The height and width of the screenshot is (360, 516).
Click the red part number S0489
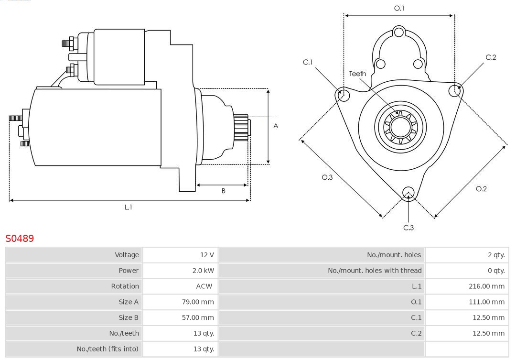tap(20, 238)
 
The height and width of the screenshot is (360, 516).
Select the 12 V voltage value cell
tap(207, 255)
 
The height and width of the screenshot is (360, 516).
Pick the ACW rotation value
tap(204, 286)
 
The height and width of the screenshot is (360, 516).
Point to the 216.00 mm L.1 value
tap(486, 286)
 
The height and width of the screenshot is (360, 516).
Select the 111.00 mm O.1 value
tap(486, 302)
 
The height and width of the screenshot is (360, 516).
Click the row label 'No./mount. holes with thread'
tap(375, 271)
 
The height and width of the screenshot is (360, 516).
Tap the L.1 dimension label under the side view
tap(128, 207)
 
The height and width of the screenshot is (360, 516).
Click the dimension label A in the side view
tap(276, 126)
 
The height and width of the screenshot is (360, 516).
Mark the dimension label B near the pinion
tap(223, 191)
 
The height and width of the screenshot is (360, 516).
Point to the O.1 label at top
tap(399, 8)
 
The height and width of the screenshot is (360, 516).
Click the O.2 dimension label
tap(481, 189)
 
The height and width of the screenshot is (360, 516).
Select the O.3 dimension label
tap(327, 177)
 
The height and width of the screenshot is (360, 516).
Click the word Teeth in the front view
tap(357, 74)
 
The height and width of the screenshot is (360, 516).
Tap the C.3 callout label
tap(408, 228)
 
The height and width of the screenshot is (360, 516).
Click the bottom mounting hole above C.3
tap(408, 192)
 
